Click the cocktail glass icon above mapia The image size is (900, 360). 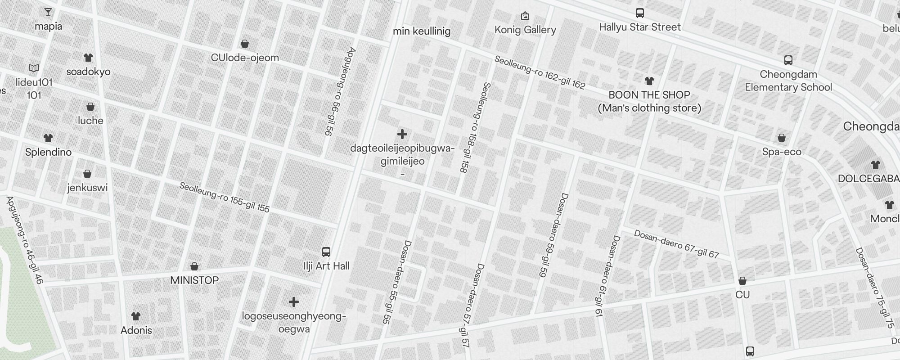pyautogui.click(x=48, y=12)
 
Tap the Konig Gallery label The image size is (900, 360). pyautogui.click(x=525, y=30)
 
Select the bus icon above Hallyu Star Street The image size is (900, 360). pyautogui.click(x=639, y=13)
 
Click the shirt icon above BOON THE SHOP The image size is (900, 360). pyautogui.click(x=649, y=81)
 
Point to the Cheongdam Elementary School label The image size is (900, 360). pyautogui.click(x=788, y=81)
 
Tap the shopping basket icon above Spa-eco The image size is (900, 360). pyautogui.click(x=782, y=138)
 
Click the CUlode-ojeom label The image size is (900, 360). pyautogui.click(x=245, y=58)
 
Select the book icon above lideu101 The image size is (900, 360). pyautogui.click(x=34, y=68)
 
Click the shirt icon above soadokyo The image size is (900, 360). pyautogui.click(x=88, y=58)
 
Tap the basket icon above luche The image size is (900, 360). pyautogui.click(x=90, y=107)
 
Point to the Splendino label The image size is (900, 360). pyautogui.click(x=48, y=152)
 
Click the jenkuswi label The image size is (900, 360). pyautogui.click(x=87, y=188)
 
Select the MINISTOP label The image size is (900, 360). pyautogui.click(x=194, y=280)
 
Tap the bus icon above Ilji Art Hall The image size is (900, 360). pyautogui.click(x=326, y=252)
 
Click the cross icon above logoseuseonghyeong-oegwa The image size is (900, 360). pyautogui.click(x=294, y=302)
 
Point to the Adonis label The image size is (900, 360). pyautogui.click(x=136, y=330)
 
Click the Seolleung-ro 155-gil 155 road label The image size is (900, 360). pyautogui.click(x=224, y=197)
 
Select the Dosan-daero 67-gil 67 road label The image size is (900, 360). pyautogui.click(x=676, y=244)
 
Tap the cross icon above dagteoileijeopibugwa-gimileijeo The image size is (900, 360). pyautogui.click(x=402, y=134)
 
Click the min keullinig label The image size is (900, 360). pyautogui.click(x=422, y=31)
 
